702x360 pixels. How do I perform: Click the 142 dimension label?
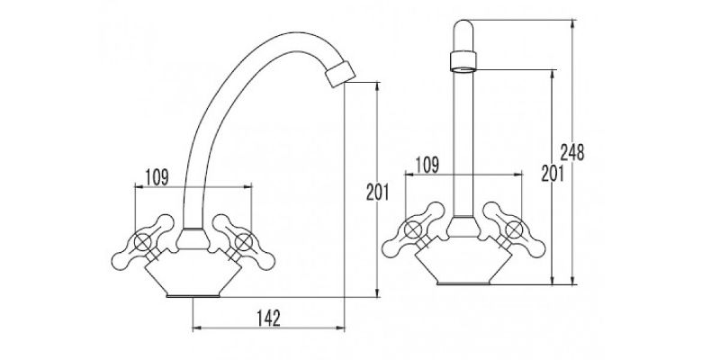click(x=268, y=318)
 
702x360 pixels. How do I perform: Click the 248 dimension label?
click(x=572, y=153)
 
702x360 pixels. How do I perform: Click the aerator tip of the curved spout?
click(x=340, y=73)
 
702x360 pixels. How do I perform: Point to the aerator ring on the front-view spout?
click(x=463, y=61)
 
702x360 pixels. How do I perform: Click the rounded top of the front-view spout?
click(x=463, y=28)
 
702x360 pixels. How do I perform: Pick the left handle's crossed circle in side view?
click(x=143, y=242)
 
